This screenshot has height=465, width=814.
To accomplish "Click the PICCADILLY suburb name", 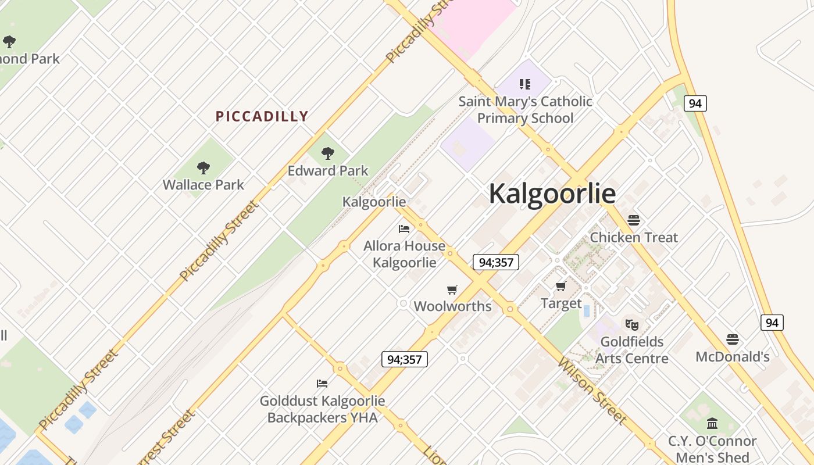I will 262,116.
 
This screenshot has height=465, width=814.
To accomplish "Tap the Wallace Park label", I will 203,185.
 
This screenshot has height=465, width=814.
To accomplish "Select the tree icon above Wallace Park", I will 203,168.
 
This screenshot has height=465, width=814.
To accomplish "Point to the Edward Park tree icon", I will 328,153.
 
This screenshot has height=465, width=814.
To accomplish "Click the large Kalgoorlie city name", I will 552,194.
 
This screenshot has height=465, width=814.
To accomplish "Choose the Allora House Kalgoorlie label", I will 404,254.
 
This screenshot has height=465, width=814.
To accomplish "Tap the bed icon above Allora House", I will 404,229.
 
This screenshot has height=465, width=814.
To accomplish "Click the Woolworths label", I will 452,306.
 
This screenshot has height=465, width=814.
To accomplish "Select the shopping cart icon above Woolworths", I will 452,289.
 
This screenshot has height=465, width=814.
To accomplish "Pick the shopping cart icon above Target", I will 561,286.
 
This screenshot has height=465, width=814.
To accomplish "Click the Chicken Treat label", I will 634,237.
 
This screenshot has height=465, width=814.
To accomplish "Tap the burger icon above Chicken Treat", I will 634,220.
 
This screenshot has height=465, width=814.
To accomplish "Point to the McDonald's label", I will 733,356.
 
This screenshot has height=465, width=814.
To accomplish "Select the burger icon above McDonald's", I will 733,339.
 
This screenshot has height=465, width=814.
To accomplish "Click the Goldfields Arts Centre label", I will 631,350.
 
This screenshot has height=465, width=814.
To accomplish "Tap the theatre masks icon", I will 632,324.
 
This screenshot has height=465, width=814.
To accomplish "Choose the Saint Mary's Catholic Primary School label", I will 526,109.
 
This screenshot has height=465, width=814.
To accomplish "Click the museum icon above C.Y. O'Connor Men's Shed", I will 712,424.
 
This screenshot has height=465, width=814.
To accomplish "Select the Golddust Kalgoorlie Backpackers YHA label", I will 322,409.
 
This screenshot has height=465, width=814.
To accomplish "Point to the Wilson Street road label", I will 592,391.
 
